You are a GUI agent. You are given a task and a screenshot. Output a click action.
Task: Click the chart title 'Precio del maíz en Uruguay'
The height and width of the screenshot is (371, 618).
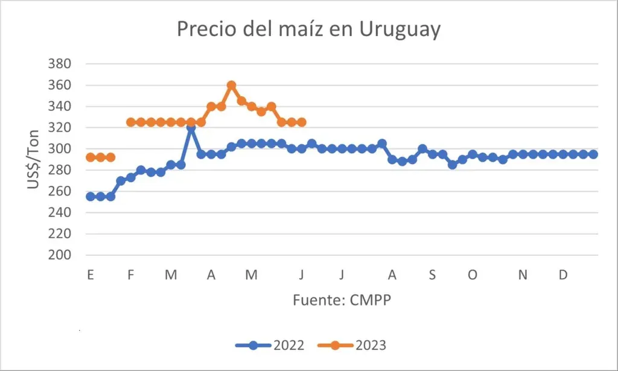tap(308, 30)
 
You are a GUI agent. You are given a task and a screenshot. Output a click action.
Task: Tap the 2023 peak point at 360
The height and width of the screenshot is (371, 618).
tap(231, 85)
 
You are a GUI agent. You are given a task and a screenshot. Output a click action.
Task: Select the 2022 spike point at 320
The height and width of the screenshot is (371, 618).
tap(191, 128)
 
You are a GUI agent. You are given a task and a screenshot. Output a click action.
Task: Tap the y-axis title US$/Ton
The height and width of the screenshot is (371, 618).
tap(34, 160)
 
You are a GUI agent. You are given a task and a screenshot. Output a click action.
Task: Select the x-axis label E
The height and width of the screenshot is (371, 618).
tap(91, 276)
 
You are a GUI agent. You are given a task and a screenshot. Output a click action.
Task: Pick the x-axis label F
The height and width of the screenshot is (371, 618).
tap(130, 276)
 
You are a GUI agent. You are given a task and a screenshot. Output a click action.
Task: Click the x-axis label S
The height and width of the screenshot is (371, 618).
tap(432, 276)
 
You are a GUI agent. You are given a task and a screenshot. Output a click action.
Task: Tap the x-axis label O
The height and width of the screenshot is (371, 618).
tap(473, 276)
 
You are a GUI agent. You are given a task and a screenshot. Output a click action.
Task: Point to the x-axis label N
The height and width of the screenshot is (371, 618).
tap(523, 276)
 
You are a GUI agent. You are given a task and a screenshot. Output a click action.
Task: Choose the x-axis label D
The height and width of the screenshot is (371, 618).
tap(562, 276)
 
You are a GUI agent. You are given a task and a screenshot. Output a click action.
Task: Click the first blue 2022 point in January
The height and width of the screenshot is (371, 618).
tap(91, 197)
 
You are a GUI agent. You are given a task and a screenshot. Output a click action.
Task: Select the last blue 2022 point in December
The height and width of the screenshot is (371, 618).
tap(593, 154)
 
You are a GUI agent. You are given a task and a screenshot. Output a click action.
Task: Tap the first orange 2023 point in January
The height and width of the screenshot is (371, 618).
tap(91, 157)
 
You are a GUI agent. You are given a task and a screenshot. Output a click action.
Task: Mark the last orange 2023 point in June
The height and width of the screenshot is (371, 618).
tap(302, 122)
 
